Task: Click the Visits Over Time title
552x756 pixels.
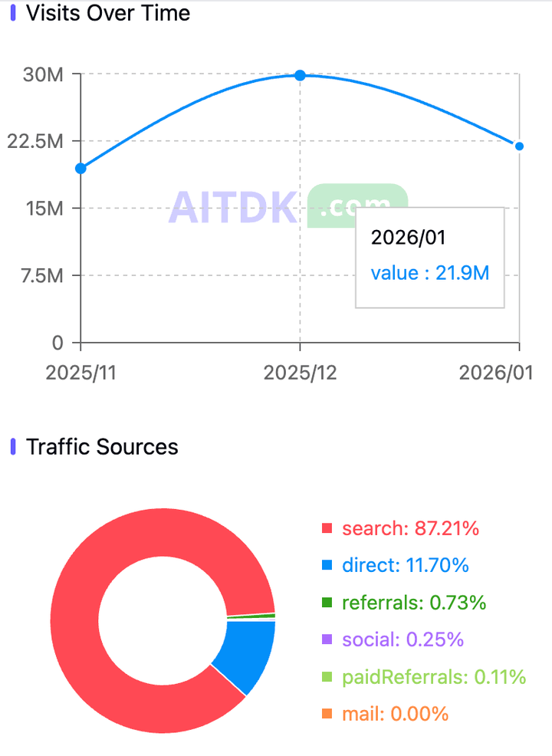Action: (x=108, y=13)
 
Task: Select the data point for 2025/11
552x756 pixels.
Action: (x=80, y=168)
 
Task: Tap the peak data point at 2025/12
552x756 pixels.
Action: (x=301, y=75)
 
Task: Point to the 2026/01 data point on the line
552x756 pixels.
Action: (x=519, y=146)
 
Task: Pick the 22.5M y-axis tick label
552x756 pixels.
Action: (x=38, y=141)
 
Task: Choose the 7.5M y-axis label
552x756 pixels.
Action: (x=41, y=275)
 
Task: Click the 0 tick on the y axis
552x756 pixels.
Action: (x=57, y=342)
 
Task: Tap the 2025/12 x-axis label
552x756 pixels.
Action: (x=300, y=373)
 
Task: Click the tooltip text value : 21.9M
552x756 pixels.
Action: (x=429, y=273)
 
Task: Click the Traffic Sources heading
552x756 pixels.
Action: (x=102, y=447)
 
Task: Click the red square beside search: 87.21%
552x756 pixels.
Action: (x=327, y=528)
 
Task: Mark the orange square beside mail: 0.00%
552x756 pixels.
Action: (x=327, y=714)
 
